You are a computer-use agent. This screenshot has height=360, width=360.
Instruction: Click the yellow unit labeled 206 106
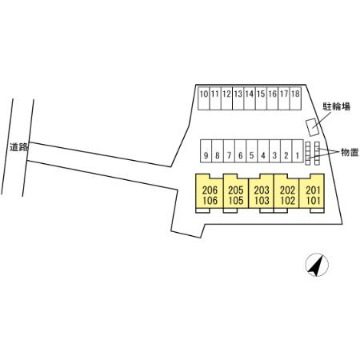coord(210,195)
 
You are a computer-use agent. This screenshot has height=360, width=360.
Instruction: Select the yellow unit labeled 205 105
coord(235,195)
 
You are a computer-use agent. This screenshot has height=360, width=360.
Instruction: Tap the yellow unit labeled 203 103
coord(262,195)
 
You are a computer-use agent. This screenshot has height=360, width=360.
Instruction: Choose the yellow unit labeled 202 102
coord(287,195)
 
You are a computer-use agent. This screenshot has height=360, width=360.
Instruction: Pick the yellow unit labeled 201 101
coord(312,195)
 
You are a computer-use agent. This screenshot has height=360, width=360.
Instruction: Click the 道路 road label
coord(18,146)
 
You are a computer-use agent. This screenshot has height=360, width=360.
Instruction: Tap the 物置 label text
coord(349,152)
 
